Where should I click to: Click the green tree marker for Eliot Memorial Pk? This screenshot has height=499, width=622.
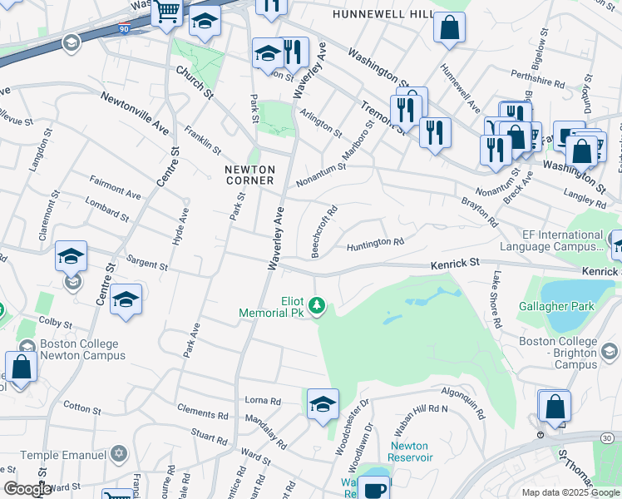(317, 307)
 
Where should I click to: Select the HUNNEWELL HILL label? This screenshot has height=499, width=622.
(383, 15)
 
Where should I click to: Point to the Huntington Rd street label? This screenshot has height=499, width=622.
(375, 243)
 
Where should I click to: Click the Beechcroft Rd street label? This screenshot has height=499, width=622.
(323, 220)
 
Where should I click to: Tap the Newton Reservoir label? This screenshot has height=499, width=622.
(409, 452)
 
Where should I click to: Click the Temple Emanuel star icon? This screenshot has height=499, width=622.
(119, 454)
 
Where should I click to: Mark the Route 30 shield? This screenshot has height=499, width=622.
(611, 437)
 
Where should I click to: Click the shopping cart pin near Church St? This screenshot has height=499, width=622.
(167, 12)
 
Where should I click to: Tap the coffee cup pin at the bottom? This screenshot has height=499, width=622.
(376, 489)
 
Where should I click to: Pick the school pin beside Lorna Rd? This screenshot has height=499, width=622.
(323, 404)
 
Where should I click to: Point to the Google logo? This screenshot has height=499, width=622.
(27, 489)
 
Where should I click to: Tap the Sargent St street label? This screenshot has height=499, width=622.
(146, 266)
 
